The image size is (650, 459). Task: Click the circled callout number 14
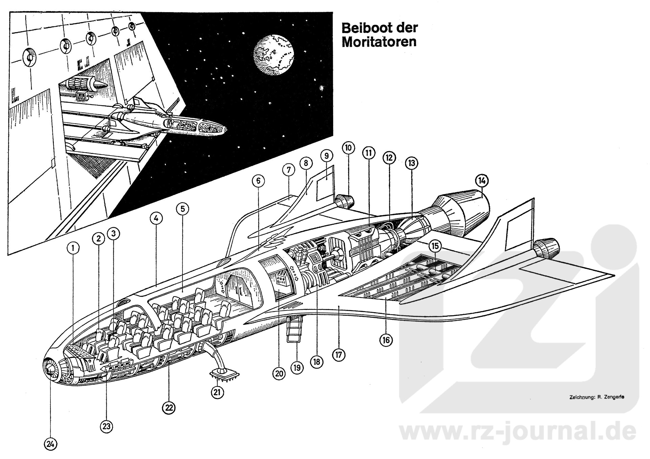[x=482, y=181]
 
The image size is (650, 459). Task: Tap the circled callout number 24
[x=50, y=444]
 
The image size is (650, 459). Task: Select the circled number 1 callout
[x=73, y=248]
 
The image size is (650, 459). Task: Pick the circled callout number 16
[x=386, y=340]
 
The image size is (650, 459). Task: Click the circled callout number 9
[x=326, y=156]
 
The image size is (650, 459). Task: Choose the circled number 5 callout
[x=182, y=209]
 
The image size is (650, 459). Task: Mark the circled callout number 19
[x=297, y=368]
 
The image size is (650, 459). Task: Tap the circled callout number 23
[x=107, y=427]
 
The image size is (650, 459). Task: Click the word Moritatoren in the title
[x=379, y=42]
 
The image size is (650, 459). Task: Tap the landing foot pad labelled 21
[x=224, y=375]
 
